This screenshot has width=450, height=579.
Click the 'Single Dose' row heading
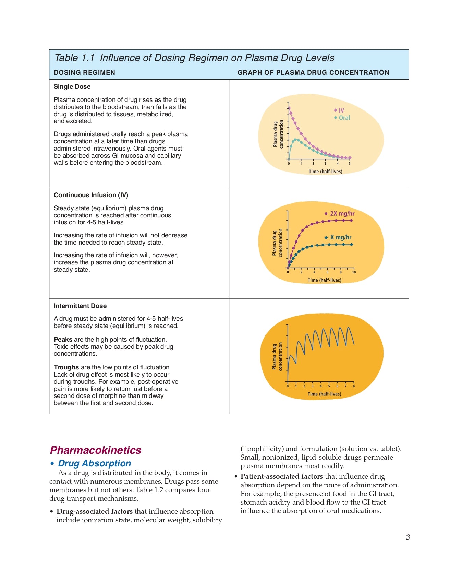pos(72,87)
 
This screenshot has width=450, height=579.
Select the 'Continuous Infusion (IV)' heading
pos(91,195)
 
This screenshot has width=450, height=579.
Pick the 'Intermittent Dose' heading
pos(80,306)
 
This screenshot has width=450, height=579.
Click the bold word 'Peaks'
pos(63,340)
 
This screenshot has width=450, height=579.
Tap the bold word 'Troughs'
pos(66,367)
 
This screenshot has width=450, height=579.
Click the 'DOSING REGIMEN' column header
pos(84,73)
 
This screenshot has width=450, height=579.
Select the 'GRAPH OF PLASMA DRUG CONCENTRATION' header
pos(313,73)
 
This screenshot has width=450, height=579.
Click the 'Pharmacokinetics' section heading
pos(96,450)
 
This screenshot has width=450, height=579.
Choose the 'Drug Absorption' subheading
pos(94,463)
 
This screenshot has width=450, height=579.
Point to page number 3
pos(408,537)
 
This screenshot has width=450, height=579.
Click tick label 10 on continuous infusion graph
pos(354,272)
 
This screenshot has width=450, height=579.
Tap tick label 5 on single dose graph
pos(350,164)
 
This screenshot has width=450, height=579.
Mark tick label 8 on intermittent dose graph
pos(354,386)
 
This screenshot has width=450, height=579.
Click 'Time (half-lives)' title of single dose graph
pos(325,172)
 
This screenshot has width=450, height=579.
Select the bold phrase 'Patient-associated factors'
pos(281,476)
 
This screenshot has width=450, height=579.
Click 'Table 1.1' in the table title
pos(74,58)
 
